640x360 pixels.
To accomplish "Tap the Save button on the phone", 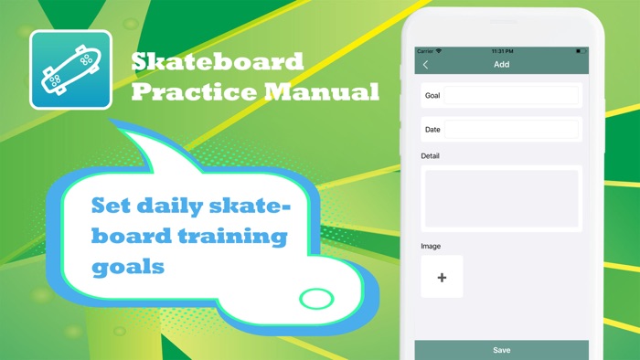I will click(x=501, y=350).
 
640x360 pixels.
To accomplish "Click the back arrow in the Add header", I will click(x=425, y=65).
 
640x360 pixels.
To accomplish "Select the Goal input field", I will click(x=510, y=95).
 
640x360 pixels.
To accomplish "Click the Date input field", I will click(x=510, y=130).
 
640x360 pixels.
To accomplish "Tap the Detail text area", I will click(x=501, y=198).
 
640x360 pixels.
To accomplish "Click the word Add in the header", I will click(x=501, y=65).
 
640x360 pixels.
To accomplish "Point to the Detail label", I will click(x=430, y=156).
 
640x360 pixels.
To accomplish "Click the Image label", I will click(x=431, y=247).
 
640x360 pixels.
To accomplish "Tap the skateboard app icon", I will click(x=70, y=70).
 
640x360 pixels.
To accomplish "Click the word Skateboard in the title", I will click(x=217, y=62).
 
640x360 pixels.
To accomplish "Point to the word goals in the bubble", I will click(x=128, y=267).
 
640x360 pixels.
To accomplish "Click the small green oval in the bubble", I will click(x=317, y=298).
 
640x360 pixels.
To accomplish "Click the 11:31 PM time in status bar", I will click(x=502, y=51).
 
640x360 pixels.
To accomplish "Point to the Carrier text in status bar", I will click(x=425, y=51).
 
